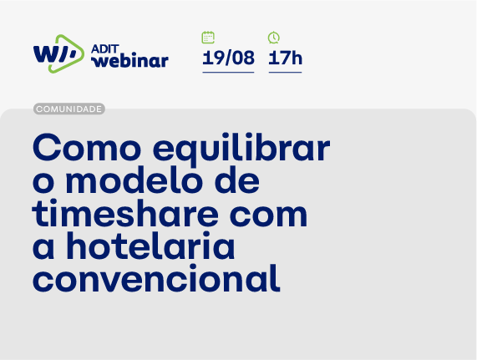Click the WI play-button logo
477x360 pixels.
(x=58, y=53)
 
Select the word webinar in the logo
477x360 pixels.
(x=129, y=60)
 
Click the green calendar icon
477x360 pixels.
(x=208, y=38)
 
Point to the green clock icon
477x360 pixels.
(x=274, y=38)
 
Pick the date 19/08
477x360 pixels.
(x=228, y=58)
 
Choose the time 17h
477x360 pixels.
(x=285, y=58)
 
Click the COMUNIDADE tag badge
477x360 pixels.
(x=69, y=109)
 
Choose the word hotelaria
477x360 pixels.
(x=155, y=246)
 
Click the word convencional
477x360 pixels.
(x=156, y=278)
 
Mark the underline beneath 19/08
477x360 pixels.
(x=228, y=73)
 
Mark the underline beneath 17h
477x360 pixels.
(x=285, y=73)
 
